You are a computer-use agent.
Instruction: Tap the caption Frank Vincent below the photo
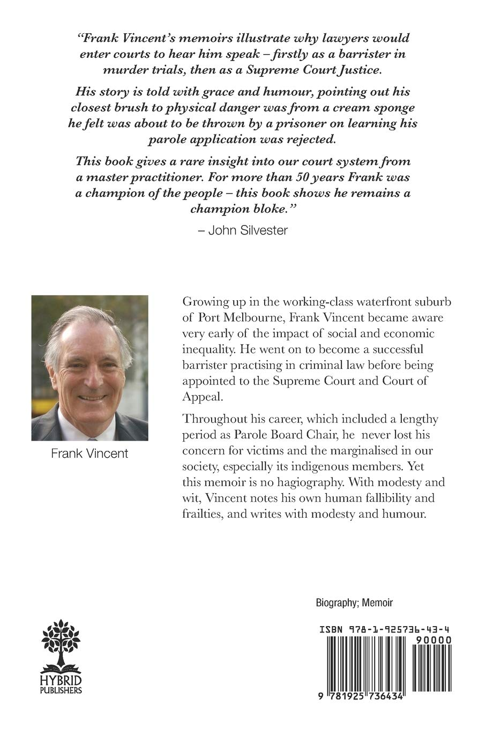click(x=89, y=453)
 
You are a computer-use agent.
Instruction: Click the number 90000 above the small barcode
click(x=436, y=640)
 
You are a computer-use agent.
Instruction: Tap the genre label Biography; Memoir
click(x=354, y=602)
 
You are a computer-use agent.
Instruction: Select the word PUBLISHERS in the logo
click(x=61, y=690)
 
